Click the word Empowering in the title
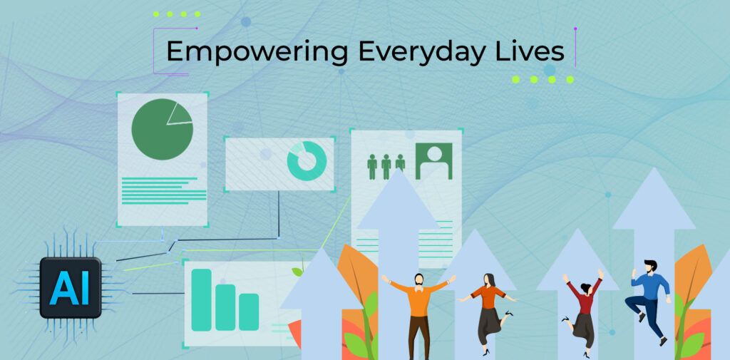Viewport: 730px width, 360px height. click(x=257, y=52)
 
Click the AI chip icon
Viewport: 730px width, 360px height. click(x=71, y=287)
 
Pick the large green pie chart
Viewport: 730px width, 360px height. click(x=162, y=130)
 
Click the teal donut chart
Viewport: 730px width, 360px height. click(x=307, y=160)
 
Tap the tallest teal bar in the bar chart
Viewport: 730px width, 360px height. click(x=201, y=300)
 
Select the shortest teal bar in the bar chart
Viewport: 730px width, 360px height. click(x=249, y=312)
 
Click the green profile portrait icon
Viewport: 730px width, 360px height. click(x=434, y=161)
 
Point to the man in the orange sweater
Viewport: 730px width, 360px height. click(x=418, y=314)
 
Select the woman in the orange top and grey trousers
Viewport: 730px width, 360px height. click(x=488, y=313)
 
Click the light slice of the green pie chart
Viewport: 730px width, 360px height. click(x=180, y=114)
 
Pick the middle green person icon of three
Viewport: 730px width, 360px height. click(x=386, y=167)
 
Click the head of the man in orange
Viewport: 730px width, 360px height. click(x=419, y=279)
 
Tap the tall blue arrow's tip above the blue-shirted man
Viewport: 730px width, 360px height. click(x=654, y=168)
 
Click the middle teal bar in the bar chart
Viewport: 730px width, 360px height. click(x=225, y=307)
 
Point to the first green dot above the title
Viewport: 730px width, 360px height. click(x=156, y=14)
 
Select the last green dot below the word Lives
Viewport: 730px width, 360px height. click(x=570, y=80)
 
